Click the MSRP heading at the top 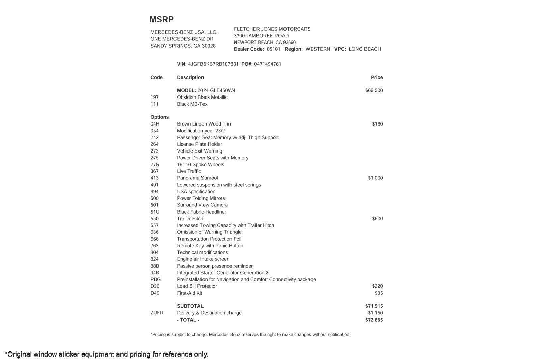[161, 20]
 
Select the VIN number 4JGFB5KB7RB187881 [213, 64]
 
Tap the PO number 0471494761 [268, 64]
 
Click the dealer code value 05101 [273, 49]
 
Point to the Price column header [377, 77]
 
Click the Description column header [190, 77]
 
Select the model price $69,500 [374, 90]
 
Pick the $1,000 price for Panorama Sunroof [375, 178]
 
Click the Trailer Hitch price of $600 [377, 219]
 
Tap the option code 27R [155, 165]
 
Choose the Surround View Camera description [202, 205]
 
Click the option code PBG [156, 279]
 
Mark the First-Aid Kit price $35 [379, 293]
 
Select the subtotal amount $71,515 [374, 306]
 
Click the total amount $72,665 [374, 320]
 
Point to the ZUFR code [157, 313]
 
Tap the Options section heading [160, 117]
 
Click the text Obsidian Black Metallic [202, 97]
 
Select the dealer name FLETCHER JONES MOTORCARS [272, 29]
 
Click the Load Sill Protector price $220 [377, 286]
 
